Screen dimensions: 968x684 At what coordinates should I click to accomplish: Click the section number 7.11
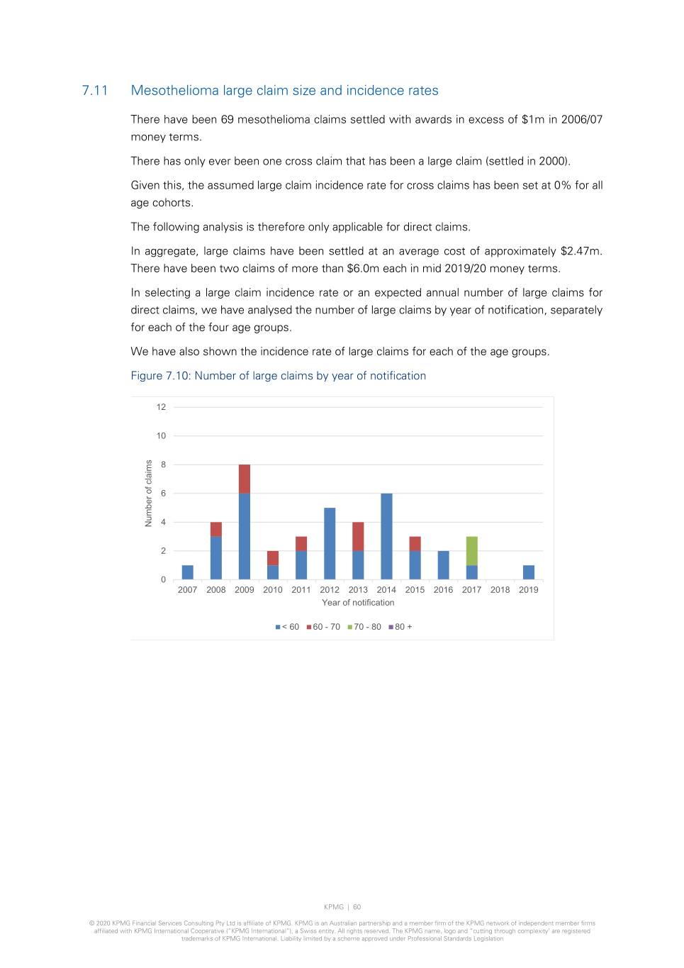(95, 91)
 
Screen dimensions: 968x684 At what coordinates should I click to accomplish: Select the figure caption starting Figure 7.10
(278, 376)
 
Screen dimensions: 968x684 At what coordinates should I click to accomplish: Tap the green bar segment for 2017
(471, 551)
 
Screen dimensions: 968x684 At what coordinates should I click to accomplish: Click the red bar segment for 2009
(245, 479)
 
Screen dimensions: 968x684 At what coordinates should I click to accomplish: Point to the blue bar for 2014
(386, 536)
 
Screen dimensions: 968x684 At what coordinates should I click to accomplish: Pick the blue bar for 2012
(330, 543)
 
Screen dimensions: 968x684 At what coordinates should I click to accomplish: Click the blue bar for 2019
(529, 572)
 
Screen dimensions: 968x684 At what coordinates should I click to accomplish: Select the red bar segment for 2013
(358, 536)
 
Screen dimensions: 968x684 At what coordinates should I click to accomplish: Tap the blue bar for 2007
(188, 572)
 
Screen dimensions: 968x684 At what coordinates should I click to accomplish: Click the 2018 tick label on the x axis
(500, 590)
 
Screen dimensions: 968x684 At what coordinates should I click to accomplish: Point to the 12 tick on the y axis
(162, 407)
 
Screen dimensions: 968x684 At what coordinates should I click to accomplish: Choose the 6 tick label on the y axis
(163, 494)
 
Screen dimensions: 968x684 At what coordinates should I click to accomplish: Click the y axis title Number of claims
(149, 493)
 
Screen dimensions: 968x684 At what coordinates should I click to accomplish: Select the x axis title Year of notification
(358, 603)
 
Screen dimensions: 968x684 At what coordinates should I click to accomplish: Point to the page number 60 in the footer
(357, 907)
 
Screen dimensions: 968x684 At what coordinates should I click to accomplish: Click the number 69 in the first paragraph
(227, 120)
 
